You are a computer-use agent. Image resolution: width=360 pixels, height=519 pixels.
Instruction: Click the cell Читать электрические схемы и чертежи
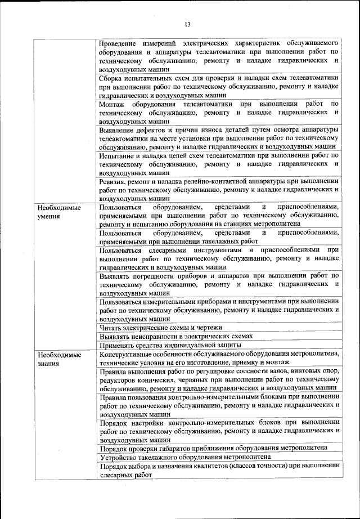(x=160, y=327)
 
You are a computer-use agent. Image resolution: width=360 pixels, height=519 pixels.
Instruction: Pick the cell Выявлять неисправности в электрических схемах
(x=175, y=335)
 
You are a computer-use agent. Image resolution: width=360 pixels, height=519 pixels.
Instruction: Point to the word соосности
(x=249, y=372)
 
